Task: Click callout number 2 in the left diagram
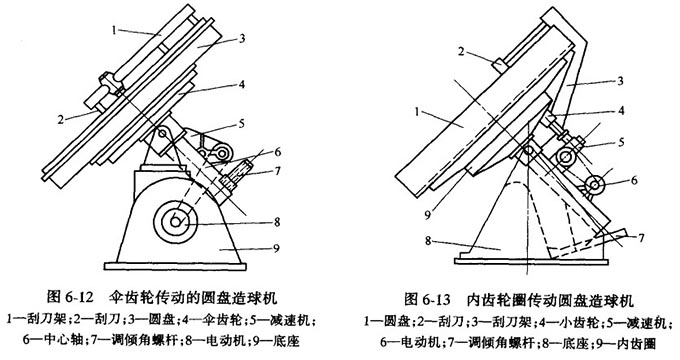[62, 119]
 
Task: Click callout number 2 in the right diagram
[461, 52]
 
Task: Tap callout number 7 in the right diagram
[641, 238]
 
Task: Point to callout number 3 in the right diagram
[620, 79]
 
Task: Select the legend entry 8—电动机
[227, 340]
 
